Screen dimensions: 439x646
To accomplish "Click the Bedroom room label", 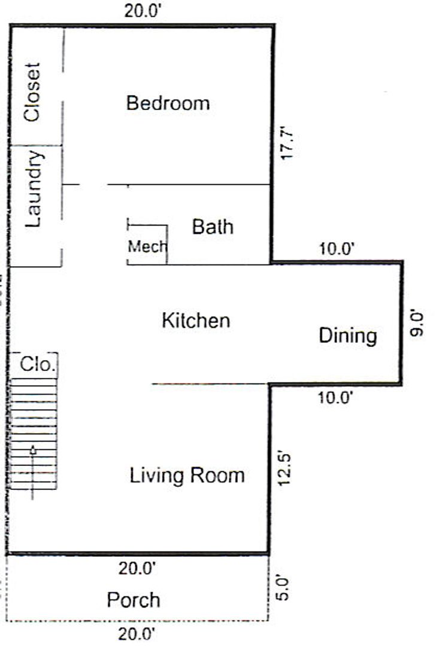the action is [168, 103].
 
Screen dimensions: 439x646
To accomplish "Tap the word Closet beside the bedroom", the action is [32, 92].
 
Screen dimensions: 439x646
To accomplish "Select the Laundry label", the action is [34, 189].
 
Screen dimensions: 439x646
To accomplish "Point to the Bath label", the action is [213, 227].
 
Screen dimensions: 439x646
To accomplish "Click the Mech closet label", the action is [147, 246].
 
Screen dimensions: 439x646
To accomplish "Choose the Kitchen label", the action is [196, 321].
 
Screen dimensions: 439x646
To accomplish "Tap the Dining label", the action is [348, 336].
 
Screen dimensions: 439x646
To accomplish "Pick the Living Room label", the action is [187, 475].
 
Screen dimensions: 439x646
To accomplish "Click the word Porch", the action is [134, 599].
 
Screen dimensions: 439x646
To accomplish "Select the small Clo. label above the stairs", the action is [38, 364].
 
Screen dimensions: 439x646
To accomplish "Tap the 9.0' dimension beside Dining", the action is [417, 324].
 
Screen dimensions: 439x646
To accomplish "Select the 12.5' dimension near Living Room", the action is [284, 470].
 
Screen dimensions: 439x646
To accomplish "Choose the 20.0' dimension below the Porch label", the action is [137, 633].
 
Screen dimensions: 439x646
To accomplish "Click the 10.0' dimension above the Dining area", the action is [337, 249].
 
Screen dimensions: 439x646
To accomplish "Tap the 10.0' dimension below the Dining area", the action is [335, 398].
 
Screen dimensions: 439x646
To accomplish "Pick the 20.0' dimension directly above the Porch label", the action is [137, 569].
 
